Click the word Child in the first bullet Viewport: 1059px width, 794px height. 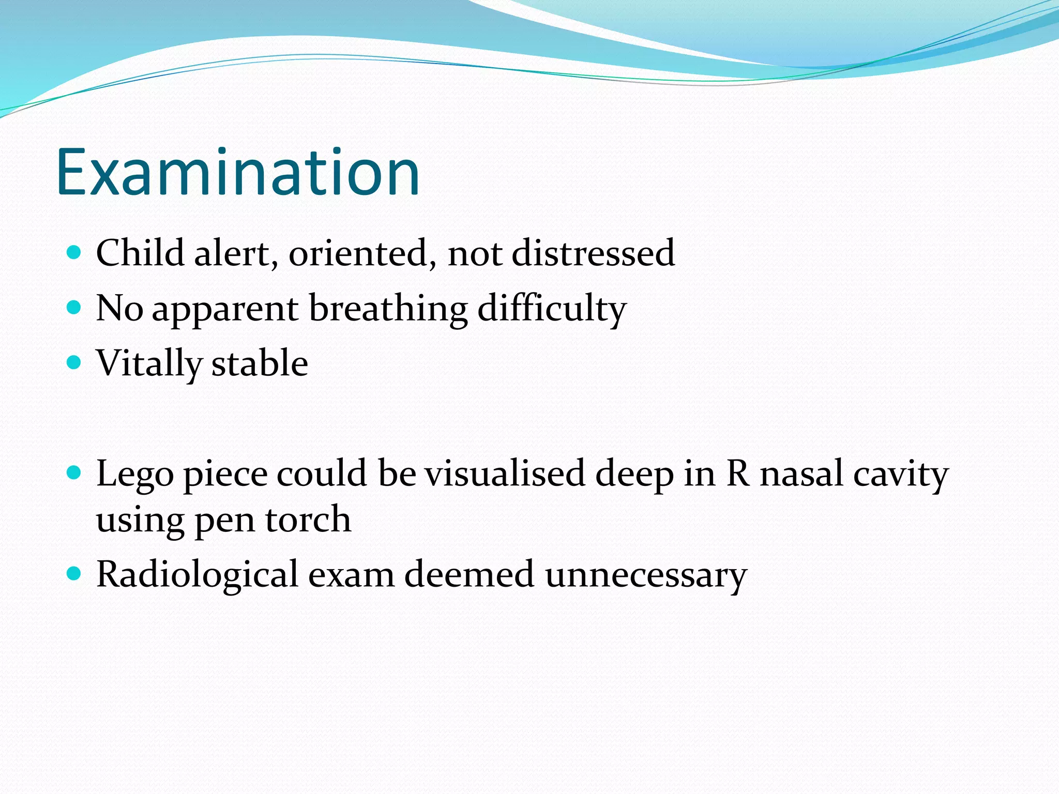coord(140,253)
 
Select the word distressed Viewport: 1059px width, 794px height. coord(593,253)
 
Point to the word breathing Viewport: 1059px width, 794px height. coord(388,309)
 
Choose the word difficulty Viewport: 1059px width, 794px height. coord(551,309)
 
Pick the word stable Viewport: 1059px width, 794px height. coord(260,363)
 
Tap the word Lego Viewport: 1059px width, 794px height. coord(135,475)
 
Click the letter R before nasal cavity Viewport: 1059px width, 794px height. coord(738,474)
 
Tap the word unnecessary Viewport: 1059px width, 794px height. coord(646,575)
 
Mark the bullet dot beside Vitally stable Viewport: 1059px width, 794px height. coord(74,362)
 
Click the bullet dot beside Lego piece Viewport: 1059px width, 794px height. coord(74,472)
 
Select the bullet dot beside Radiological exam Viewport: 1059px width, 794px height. coord(74,573)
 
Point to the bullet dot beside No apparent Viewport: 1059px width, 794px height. coord(74,308)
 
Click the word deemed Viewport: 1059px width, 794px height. coord(469,574)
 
